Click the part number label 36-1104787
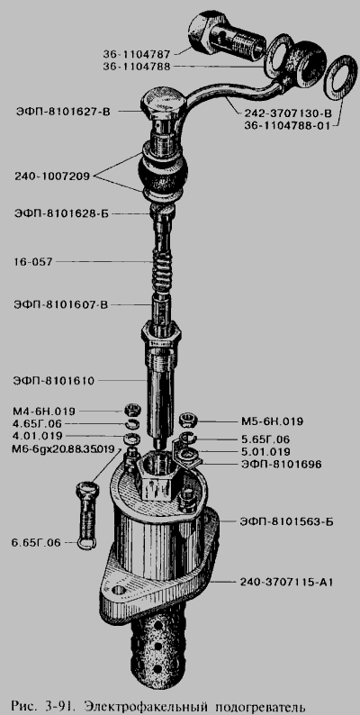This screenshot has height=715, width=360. tap(137, 55)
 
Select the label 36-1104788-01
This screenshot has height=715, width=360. tap(286, 126)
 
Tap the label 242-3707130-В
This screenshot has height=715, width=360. tap(288, 113)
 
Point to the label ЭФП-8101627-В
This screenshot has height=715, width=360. tap(63, 111)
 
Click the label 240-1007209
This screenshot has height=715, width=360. tap(53, 175)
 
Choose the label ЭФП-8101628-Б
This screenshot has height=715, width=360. tap(61, 213)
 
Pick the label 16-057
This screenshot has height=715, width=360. tap(33, 262)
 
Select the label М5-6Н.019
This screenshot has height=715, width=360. tap(272, 421)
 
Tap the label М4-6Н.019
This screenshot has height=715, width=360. tap(44, 411)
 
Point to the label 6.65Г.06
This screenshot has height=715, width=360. tap(37, 543)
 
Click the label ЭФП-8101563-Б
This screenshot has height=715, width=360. tap(286, 521)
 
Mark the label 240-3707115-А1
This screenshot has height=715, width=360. tap(286, 582)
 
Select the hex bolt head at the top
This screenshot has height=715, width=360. tap(163, 104)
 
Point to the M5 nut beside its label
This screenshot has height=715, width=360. tap(187, 419)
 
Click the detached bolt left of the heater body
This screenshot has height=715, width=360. tap(87, 515)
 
